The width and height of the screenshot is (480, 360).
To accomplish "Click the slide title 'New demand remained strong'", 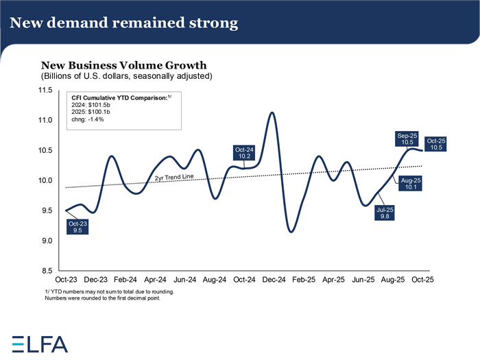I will click(124, 23).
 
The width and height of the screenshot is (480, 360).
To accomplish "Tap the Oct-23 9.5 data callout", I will click(77, 228).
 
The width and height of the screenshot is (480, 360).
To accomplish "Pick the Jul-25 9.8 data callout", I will click(385, 214).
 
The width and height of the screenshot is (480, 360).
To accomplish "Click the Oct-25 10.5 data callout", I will click(437, 144).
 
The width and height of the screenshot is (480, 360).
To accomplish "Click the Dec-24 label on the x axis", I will click(274, 280).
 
